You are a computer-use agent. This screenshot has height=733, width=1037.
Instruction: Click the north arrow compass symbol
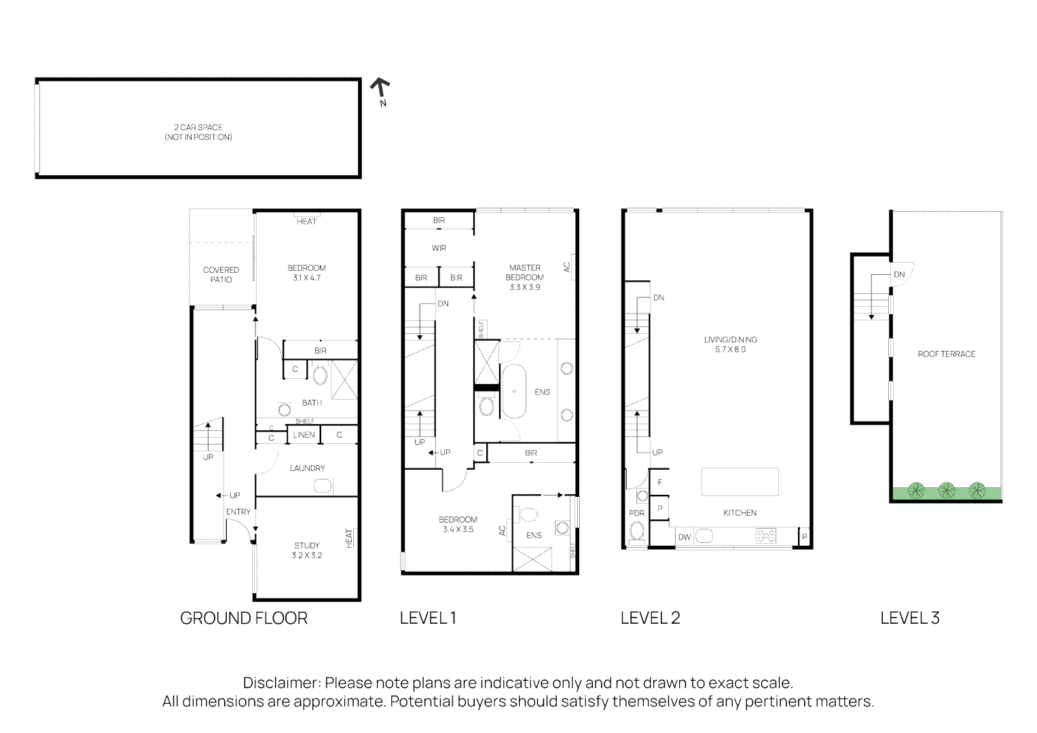point(380,89)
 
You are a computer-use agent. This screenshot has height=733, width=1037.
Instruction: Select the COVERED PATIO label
point(221,275)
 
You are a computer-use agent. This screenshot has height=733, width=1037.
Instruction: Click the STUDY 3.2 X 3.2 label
point(307,550)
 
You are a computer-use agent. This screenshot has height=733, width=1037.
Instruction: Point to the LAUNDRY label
point(307,468)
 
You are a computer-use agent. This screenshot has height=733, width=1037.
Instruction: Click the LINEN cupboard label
point(304,435)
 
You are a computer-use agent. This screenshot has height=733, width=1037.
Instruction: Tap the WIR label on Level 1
point(439,248)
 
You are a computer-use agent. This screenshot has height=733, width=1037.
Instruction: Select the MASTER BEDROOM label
point(525,277)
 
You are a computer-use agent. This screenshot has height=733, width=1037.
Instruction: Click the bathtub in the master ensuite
point(515,392)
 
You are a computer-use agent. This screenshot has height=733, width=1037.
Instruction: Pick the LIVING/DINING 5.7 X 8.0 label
point(730,345)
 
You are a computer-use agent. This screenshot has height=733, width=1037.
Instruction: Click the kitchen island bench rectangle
point(740,482)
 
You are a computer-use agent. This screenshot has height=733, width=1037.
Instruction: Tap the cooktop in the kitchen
point(766,536)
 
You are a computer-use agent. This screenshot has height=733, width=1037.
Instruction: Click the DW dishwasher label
point(685,537)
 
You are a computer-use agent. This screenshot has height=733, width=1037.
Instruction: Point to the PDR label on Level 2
point(636,514)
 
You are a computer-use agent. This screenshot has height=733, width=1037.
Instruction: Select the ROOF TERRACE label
point(946,354)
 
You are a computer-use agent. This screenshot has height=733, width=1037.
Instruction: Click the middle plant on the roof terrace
point(946,490)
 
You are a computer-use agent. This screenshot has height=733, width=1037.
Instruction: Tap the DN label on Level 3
point(899,275)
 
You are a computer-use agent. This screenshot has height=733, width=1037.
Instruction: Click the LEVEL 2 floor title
point(650,618)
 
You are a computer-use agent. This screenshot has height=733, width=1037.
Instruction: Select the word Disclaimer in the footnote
point(280,683)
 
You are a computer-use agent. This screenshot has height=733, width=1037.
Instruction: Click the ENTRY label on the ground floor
point(238,512)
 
